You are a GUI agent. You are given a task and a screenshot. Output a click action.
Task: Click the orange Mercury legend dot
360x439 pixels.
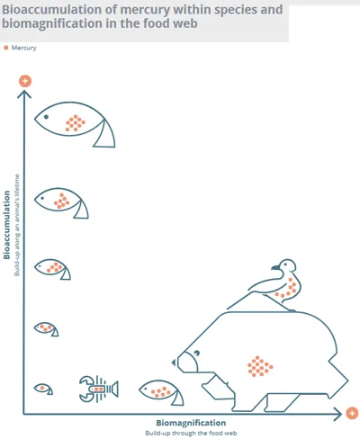(5, 48)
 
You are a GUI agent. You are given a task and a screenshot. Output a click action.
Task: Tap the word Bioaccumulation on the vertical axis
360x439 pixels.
(6, 225)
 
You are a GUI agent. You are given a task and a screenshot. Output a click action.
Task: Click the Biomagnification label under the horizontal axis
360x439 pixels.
(191, 423)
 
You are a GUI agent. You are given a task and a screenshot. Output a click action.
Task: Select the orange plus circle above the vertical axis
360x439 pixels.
(25, 81)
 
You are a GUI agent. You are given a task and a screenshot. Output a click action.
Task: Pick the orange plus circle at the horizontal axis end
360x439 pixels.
(352, 414)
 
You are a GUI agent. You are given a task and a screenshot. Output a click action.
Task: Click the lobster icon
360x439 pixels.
(98, 389)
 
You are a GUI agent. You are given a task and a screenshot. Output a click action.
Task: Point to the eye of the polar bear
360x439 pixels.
(197, 353)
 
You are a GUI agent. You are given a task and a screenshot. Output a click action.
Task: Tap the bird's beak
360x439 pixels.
(275, 267)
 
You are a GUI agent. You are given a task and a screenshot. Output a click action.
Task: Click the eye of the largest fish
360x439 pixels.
(46, 117)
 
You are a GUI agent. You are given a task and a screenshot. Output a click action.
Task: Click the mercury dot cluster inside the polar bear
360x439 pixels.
(260, 366)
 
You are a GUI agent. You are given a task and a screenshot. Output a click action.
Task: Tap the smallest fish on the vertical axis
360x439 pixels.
(43, 389)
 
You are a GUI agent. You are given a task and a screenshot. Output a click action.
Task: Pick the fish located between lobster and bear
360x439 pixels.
(161, 392)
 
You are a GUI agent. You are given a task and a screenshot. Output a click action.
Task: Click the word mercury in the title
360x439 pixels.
(145, 10)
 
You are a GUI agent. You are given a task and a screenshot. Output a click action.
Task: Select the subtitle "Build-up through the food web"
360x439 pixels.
(191, 434)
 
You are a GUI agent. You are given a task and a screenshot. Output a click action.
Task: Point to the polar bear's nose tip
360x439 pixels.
(173, 363)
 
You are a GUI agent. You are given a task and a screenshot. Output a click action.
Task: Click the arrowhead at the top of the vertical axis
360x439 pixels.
(24, 94)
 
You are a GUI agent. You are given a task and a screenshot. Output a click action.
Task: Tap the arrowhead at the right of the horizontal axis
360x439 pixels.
(338, 414)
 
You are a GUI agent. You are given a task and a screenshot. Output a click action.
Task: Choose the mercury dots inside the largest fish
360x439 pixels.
(76, 123)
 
